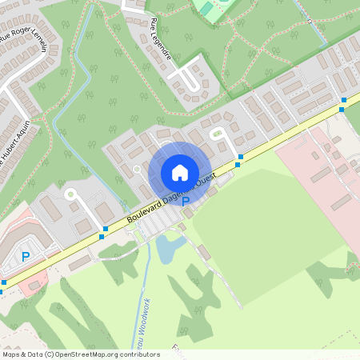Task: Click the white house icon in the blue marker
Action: click(180, 172)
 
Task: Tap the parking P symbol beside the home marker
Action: click(186, 202)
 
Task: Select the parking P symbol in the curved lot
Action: click(26, 257)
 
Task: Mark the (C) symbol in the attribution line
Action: click(50, 354)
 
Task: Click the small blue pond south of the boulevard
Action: click(170, 248)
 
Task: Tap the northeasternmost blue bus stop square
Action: click(343, 99)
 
